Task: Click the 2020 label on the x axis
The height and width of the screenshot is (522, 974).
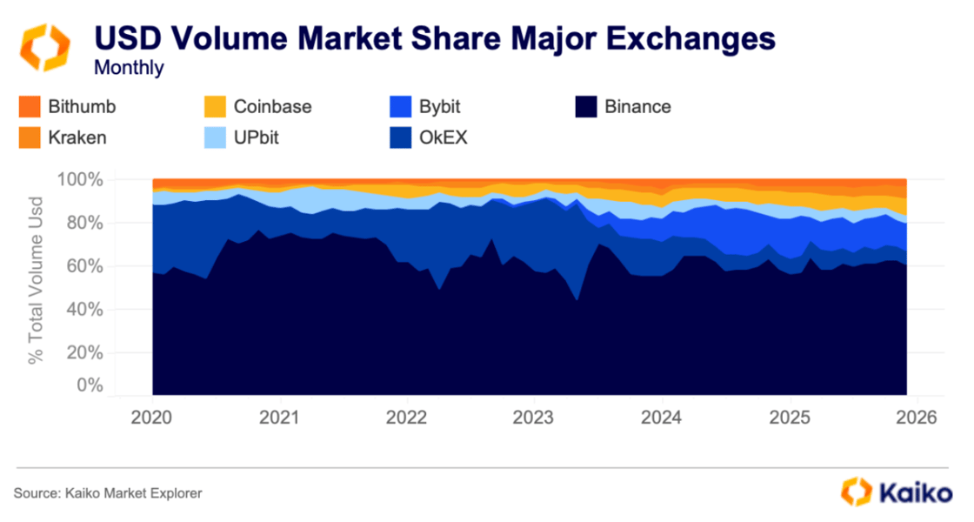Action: pyautogui.click(x=152, y=417)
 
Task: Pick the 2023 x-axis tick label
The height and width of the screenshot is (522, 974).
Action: pyautogui.click(x=533, y=417)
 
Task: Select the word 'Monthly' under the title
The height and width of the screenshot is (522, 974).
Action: pyautogui.click(x=129, y=67)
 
